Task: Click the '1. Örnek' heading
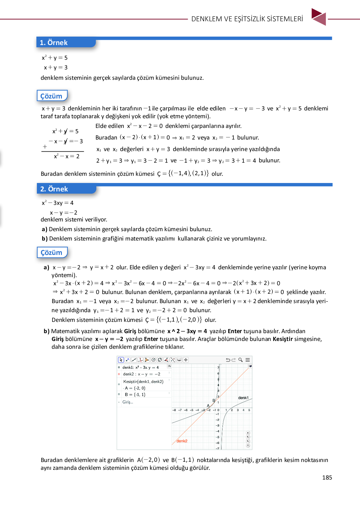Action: (54, 43)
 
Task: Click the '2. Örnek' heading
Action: (54, 189)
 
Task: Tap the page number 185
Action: (327, 477)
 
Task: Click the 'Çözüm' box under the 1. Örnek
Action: (52, 96)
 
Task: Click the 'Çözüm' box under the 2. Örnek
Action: (52, 252)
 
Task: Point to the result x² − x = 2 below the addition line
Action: (67, 156)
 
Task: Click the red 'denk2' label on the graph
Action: (182, 441)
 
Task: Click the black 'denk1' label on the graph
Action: (243, 398)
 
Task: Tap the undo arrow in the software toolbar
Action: (228, 360)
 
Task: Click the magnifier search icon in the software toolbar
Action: (240, 360)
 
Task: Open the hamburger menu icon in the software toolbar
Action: (247, 360)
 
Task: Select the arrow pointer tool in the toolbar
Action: (121, 360)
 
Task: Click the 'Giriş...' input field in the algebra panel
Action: (128, 402)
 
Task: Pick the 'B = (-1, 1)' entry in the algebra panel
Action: (135, 394)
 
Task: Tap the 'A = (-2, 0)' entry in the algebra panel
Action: (135, 388)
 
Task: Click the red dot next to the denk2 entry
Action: (119, 374)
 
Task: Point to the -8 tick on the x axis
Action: (174, 410)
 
